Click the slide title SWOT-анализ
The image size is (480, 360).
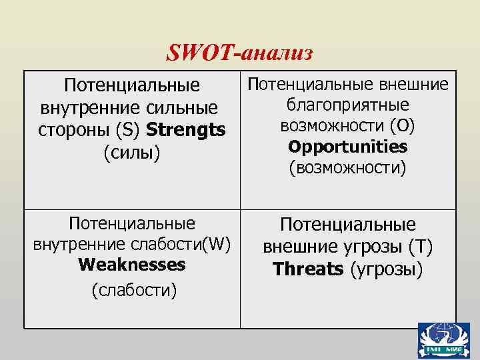point(239,53)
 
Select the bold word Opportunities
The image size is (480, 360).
point(347,146)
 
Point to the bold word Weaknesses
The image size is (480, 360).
point(131,265)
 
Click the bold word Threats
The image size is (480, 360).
point(307,269)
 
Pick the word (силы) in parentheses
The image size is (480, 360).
point(133,153)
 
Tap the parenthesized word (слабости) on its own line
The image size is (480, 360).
point(132,290)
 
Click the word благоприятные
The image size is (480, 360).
point(347,105)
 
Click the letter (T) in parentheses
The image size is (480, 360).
point(421,247)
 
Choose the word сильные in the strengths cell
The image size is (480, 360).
point(188,107)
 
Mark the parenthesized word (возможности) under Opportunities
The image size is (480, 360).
point(347,167)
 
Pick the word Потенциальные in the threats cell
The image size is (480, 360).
point(347,225)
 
